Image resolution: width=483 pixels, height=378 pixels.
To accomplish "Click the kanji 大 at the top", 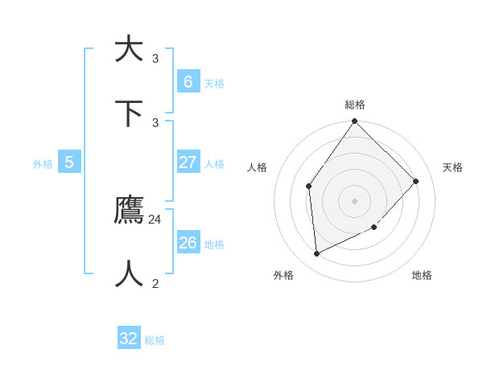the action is (129, 49).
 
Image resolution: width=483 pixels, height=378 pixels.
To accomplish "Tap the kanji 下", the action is (129, 113).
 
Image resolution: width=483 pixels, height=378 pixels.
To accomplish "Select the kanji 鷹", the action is (129, 210).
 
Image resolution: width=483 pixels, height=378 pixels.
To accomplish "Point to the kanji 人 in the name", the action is (129, 274).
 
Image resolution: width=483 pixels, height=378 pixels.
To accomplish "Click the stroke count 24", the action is (155, 219).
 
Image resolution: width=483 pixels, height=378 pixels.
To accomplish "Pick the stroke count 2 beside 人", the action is (155, 283).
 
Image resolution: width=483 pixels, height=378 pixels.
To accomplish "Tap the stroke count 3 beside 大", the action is (155, 58).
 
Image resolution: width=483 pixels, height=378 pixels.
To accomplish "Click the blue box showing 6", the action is (188, 81).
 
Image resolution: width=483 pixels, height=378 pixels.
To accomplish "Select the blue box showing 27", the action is (188, 162).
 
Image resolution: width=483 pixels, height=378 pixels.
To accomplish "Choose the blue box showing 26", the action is (188, 242).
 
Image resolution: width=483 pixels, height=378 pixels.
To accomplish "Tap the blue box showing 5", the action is (69, 162).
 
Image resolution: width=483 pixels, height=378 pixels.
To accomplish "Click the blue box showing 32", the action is (129, 339).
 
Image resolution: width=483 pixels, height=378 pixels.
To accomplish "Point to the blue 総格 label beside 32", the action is (155, 340).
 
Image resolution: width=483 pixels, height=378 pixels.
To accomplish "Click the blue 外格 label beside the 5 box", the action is (43, 164).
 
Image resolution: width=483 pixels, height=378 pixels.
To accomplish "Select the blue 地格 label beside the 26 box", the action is (214, 244).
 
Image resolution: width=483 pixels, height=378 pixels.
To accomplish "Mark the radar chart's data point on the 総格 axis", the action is (354, 121).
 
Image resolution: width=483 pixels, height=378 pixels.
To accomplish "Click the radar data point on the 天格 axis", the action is (415, 181).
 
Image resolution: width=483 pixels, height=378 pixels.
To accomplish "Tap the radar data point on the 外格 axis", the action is (316, 253).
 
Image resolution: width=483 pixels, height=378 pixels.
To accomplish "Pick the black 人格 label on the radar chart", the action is (257, 167).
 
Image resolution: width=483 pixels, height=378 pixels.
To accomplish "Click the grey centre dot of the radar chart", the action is (354, 200).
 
